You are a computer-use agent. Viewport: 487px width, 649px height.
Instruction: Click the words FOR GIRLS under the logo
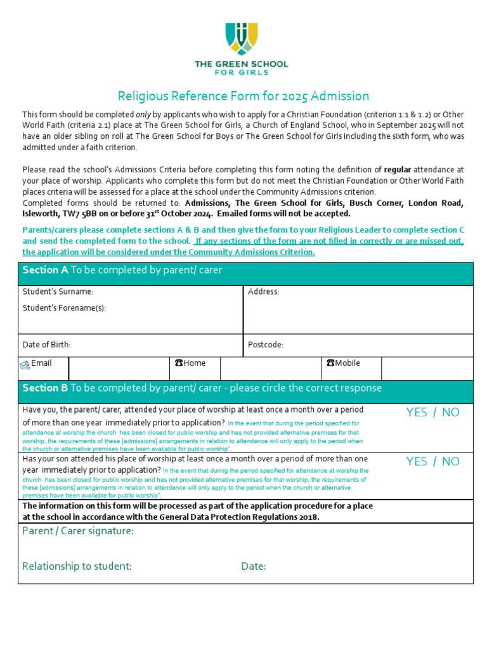pos(241,73)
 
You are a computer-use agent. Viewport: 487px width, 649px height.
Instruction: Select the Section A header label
pos(45,270)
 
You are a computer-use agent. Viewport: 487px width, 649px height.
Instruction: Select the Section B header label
pos(45,388)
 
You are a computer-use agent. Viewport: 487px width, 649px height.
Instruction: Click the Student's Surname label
pos(58,292)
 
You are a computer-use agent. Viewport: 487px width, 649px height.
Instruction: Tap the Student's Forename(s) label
pos(64,308)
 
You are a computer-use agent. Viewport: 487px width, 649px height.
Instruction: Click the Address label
pos(263,292)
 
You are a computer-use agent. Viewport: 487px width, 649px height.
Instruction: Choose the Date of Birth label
pos(46,345)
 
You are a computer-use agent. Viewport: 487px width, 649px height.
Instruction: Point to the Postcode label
pos(265,345)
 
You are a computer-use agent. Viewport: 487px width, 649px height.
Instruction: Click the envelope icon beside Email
pos(25,364)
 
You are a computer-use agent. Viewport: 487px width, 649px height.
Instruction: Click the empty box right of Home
pos(271,368)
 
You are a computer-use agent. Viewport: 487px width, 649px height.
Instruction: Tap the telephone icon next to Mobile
pos(330,363)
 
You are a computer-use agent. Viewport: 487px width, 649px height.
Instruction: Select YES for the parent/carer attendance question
pos(417,413)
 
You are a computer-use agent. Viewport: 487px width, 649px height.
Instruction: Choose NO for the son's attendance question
pos(451,461)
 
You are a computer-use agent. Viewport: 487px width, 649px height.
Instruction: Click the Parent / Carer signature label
pos(77,531)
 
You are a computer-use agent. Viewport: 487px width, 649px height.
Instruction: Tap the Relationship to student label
pos(77,566)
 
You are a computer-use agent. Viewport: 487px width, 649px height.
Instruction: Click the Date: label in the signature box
pos(253,566)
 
